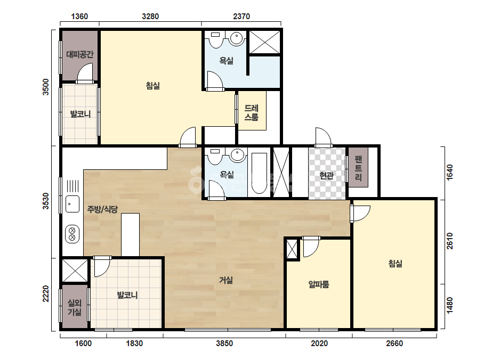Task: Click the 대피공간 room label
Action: click(80, 54)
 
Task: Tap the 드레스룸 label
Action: click(252, 113)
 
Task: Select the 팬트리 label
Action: click(358, 168)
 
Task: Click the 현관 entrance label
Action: click(326, 176)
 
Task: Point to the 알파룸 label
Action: click(319, 284)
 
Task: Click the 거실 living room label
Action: click(226, 280)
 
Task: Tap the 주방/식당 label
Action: click(102, 209)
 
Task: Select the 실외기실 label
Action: click(75, 308)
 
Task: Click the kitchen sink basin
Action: click(72, 204)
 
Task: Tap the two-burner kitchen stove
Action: click(72, 234)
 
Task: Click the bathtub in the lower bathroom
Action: click(259, 174)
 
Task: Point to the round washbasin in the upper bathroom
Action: click(237, 38)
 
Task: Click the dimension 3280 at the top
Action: click(150, 17)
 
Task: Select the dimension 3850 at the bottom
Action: click(224, 343)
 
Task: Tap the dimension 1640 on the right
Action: click(450, 172)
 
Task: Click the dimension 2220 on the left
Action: click(46, 294)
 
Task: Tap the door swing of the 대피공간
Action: click(85, 72)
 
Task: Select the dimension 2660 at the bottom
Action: click(394, 343)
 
